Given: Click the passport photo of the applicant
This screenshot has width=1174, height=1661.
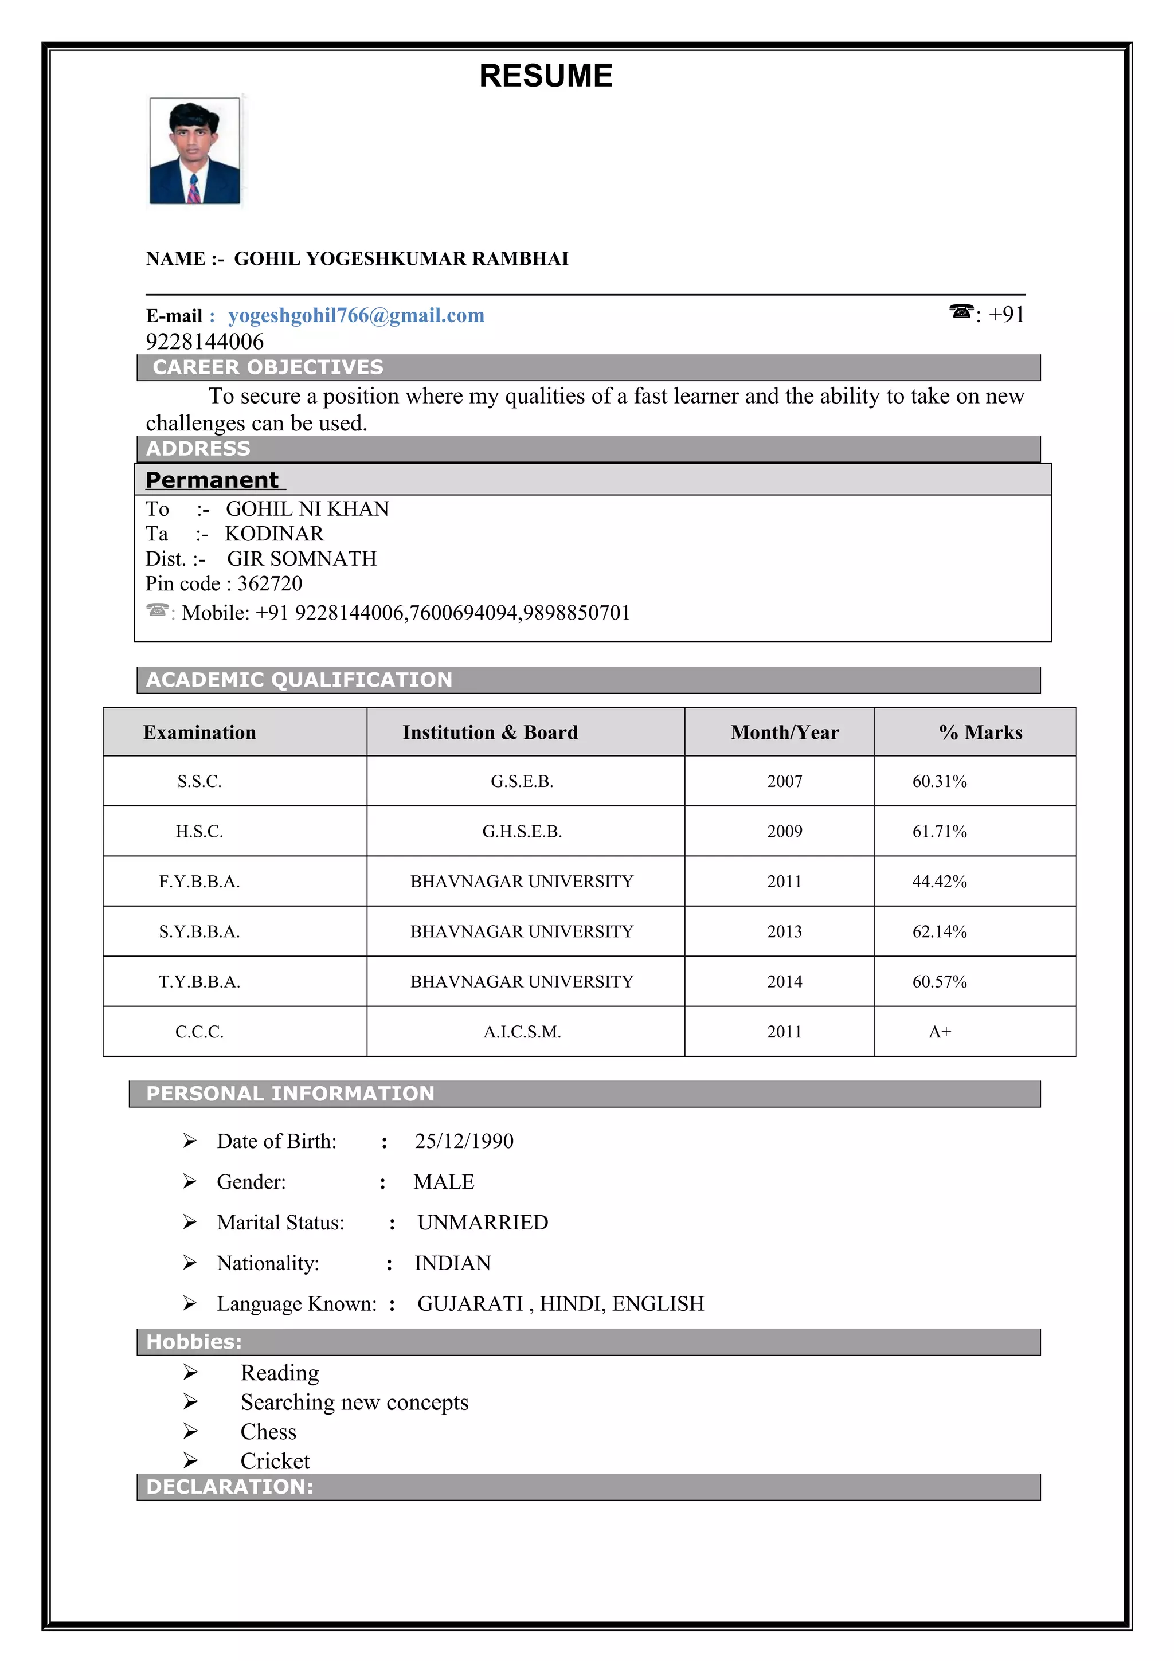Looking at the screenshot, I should [x=194, y=151].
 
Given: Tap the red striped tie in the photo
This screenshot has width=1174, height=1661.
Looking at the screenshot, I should [x=194, y=190].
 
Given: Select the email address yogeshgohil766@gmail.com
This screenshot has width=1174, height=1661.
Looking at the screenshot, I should [x=356, y=315].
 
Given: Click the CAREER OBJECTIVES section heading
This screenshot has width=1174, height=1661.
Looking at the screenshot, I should [x=268, y=367].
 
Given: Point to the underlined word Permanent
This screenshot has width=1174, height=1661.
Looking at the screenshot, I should [x=212, y=480].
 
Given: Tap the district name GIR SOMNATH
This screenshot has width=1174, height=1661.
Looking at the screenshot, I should [x=302, y=558].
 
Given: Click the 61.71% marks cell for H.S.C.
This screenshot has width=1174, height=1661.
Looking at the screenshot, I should [x=939, y=831].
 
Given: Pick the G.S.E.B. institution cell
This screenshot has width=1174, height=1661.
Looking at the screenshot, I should [x=522, y=781].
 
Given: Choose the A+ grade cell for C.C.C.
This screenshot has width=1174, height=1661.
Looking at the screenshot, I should [x=939, y=1032].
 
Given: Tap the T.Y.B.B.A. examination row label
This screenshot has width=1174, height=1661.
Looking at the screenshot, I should [x=199, y=982].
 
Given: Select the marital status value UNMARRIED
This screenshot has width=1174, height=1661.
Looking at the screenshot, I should [x=483, y=1222].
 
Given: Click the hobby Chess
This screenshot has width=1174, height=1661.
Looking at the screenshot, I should [x=268, y=1432].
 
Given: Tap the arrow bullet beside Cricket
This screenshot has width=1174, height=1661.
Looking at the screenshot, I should [x=190, y=1460].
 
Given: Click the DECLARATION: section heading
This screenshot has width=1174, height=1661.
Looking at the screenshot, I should [x=229, y=1487].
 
